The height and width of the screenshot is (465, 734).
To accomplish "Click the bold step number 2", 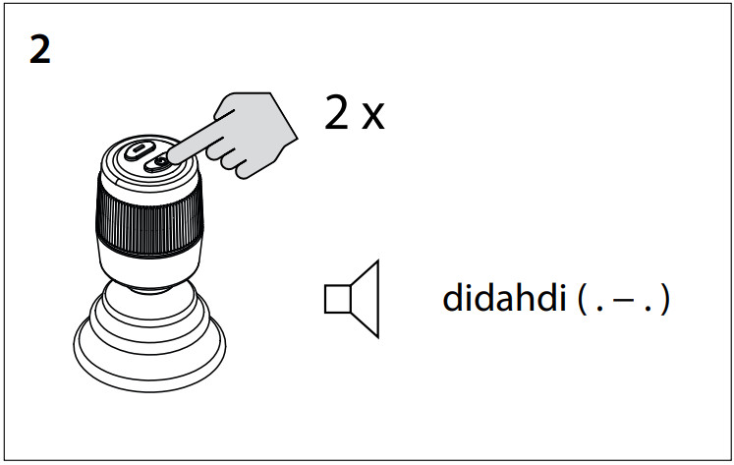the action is (x=39, y=50).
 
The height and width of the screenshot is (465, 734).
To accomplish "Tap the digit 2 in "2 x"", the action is (x=337, y=112).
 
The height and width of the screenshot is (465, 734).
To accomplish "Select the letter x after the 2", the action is (x=373, y=118).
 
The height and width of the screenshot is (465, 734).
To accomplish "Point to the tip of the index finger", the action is (x=169, y=158).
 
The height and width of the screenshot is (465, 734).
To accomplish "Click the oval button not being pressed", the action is (x=139, y=150).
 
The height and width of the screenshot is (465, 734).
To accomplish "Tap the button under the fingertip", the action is (x=157, y=163).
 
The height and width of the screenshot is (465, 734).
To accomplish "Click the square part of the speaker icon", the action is (x=337, y=299).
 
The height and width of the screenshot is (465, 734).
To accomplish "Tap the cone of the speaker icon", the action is (x=366, y=299).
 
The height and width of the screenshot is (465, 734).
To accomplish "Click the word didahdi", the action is (x=504, y=297).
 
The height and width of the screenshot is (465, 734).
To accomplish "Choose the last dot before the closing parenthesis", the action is (x=649, y=309).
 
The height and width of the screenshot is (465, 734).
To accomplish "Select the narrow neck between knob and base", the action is (x=149, y=289).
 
